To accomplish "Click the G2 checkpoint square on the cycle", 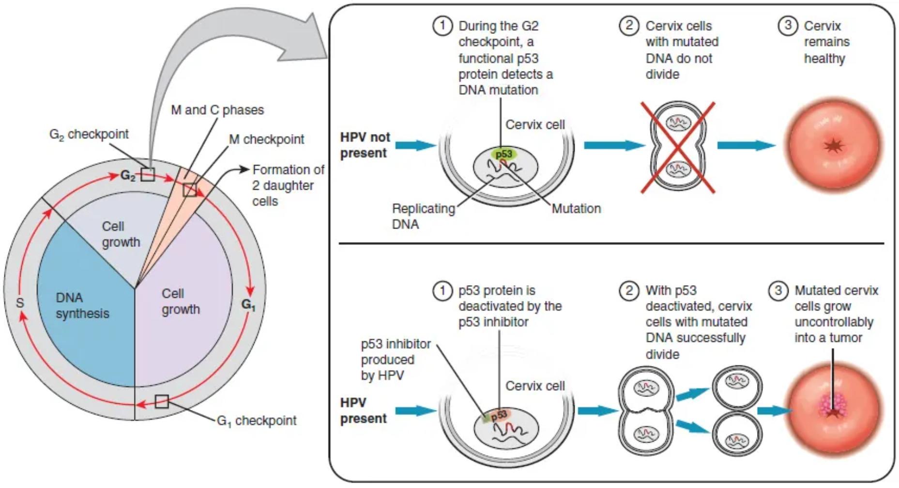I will pyautogui.click(x=148, y=174).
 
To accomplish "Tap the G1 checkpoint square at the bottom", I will pyautogui.click(x=162, y=401).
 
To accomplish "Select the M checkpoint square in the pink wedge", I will pyautogui.click(x=190, y=190).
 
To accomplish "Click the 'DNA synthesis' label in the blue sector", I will pyautogui.click(x=82, y=305).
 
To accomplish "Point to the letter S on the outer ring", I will pyautogui.click(x=20, y=303).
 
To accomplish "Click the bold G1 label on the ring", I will pyautogui.click(x=248, y=305).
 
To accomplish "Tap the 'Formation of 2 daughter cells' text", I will pyautogui.click(x=288, y=185).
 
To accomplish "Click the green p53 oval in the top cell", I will pyautogui.click(x=503, y=154).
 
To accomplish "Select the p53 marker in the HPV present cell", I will pyautogui.click(x=499, y=415).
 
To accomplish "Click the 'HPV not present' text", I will pyautogui.click(x=365, y=145).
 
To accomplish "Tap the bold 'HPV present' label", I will pyautogui.click(x=363, y=410).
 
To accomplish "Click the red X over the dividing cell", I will pyautogui.click(x=677, y=148).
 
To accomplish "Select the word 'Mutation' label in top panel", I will pyautogui.click(x=576, y=209).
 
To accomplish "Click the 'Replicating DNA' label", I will pyautogui.click(x=423, y=216).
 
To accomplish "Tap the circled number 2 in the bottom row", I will pyautogui.click(x=629, y=290).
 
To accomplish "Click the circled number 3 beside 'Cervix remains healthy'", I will pyautogui.click(x=787, y=25).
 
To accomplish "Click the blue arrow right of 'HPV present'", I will pyautogui.click(x=415, y=411).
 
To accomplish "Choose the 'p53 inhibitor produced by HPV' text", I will pyautogui.click(x=395, y=359).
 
